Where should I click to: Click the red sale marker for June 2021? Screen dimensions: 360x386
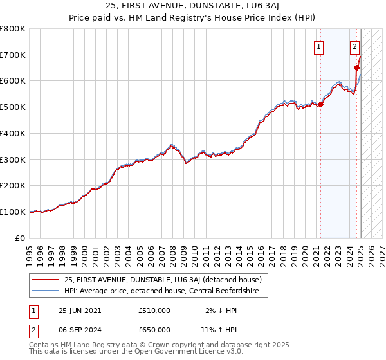click(x=321, y=105)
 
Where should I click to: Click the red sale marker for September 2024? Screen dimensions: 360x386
click(x=356, y=67)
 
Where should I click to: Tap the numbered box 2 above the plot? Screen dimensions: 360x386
click(x=354, y=46)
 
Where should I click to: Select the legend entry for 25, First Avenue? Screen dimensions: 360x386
click(x=163, y=280)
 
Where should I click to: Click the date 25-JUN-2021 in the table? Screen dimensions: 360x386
click(x=80, y=310)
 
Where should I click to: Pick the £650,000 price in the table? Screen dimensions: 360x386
click(x=154, y=330)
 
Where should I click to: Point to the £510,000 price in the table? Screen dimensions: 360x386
click(x=154, y=310)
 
